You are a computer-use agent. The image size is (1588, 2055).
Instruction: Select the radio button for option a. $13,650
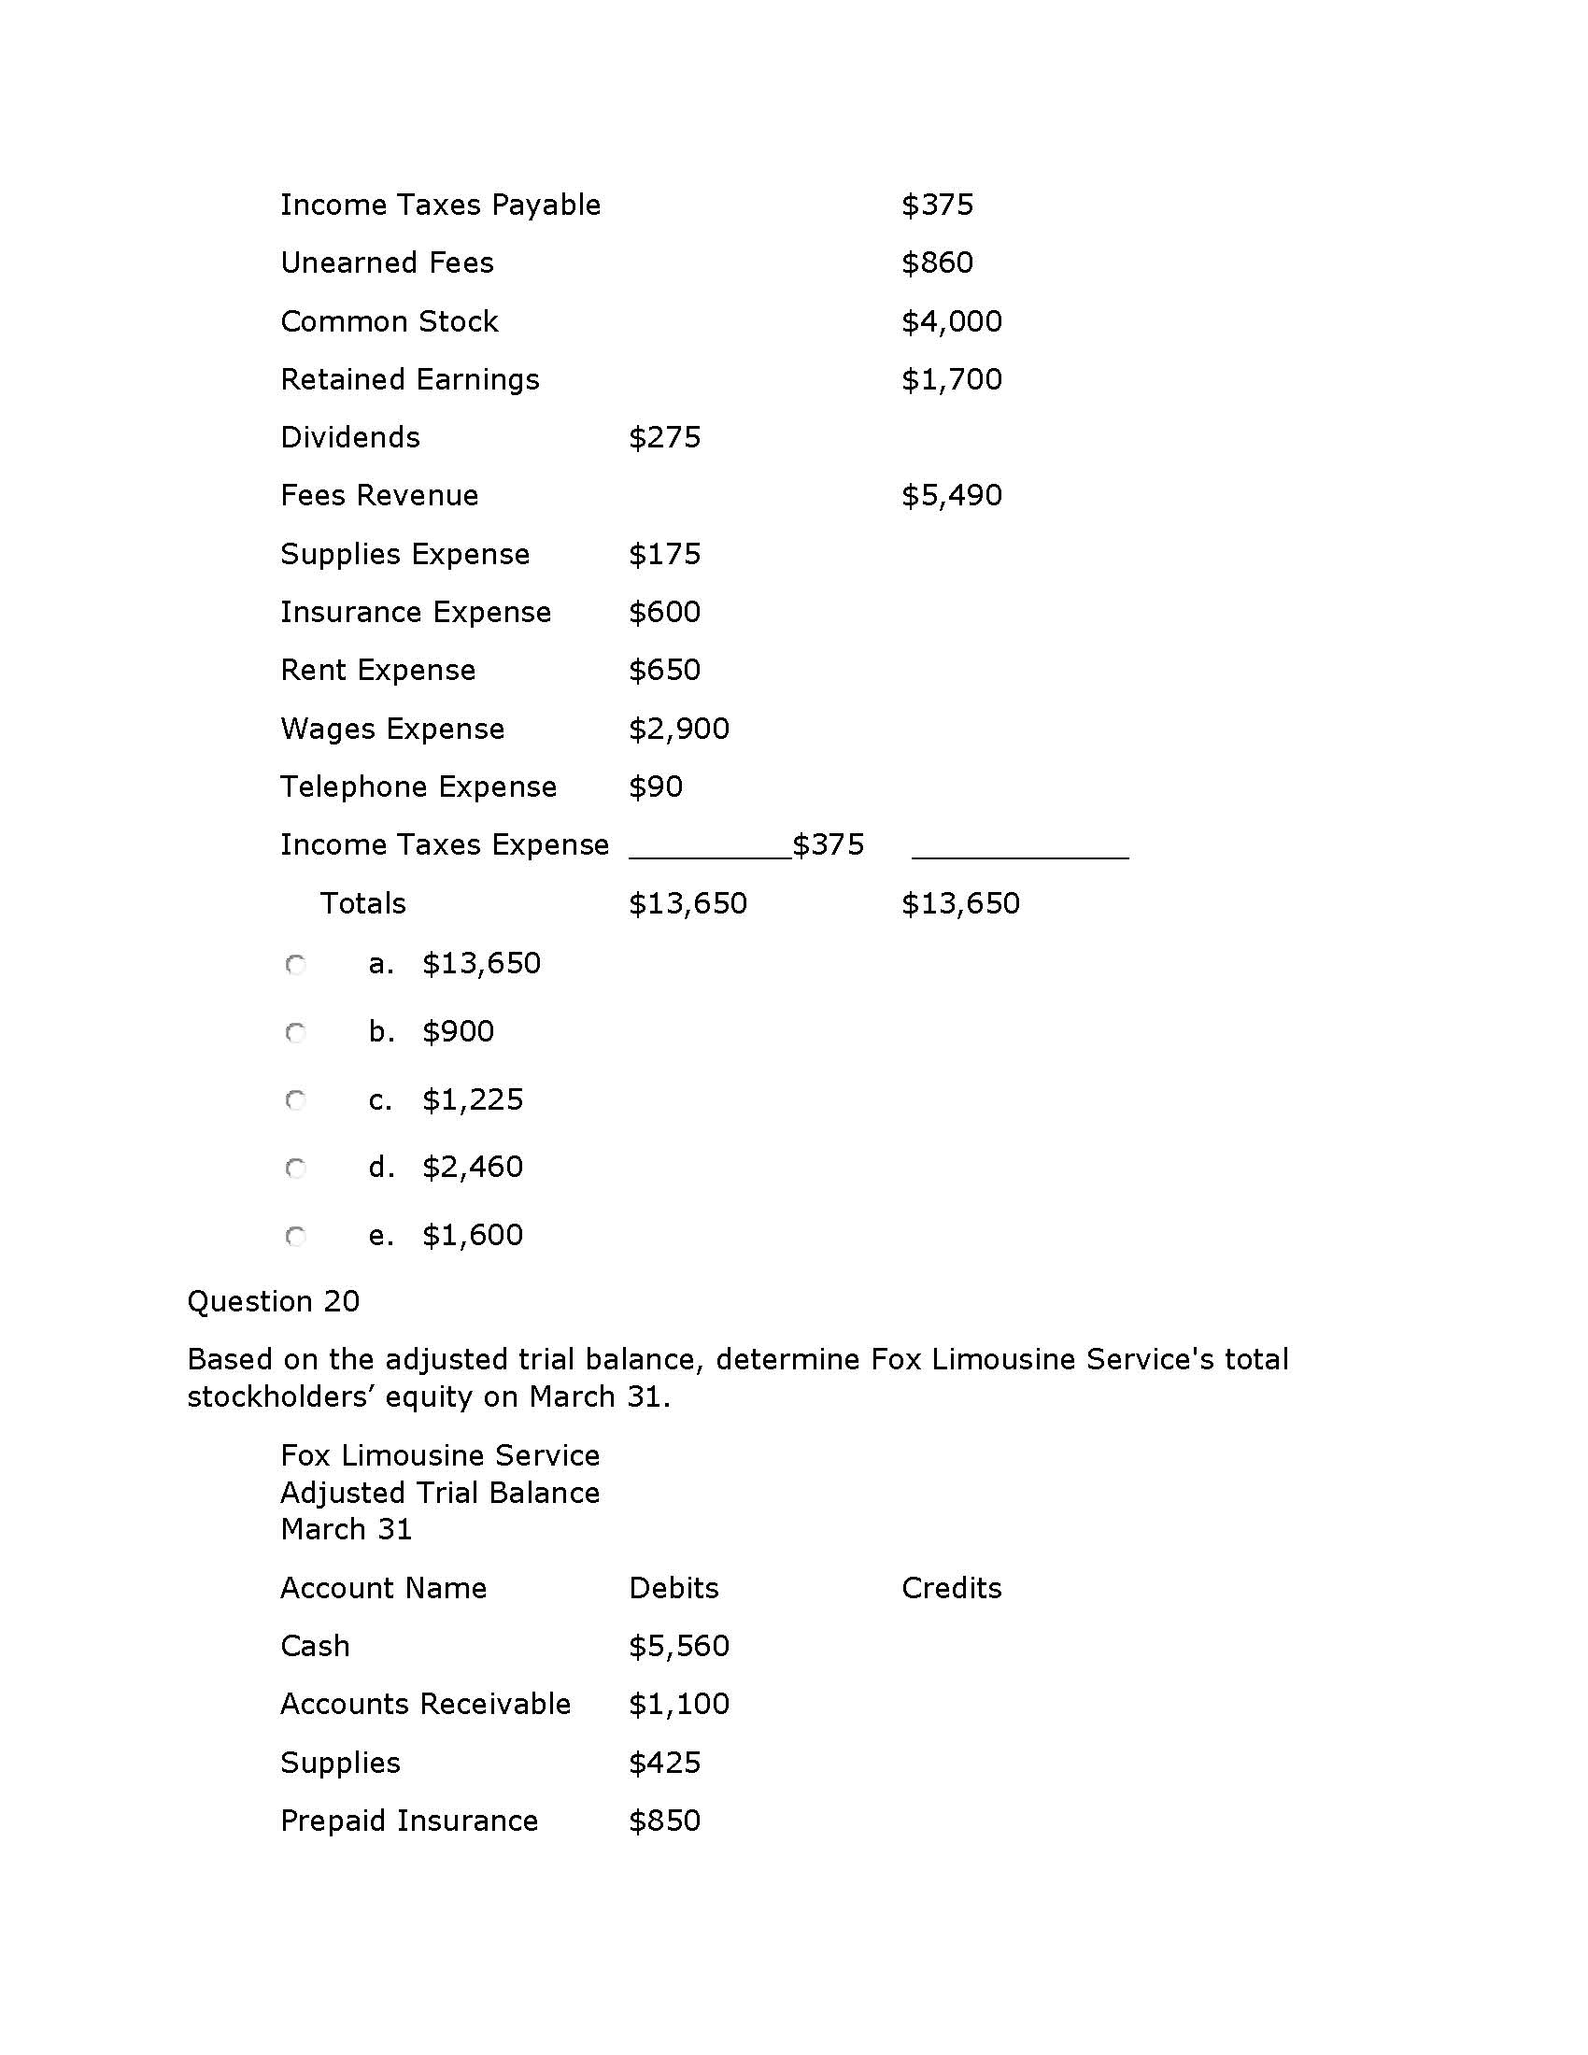click(x=295, y=965)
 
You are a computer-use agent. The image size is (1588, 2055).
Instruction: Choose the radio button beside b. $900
click(x=295, y=1033)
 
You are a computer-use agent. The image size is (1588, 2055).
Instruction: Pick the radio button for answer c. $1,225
click(x=295, y=1100)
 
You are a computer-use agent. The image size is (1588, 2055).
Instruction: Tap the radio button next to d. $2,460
click(x=295, y=1169)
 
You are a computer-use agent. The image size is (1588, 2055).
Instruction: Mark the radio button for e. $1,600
click(x=295, y=1237)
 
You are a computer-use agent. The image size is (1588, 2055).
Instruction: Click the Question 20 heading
click(x=273, y=1301)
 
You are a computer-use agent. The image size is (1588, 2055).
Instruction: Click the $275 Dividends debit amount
click(x=664, y=437)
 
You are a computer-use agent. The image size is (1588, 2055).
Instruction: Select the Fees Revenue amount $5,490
click(x=951, y=496)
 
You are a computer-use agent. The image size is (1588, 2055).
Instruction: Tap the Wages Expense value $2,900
click(x=678, y=729)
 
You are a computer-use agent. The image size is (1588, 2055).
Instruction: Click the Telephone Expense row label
click(x=418, y=787)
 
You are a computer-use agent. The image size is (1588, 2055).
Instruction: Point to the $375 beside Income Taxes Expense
click(x=828, y=845)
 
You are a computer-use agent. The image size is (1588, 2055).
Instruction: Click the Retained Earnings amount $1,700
click(x=951, y=380)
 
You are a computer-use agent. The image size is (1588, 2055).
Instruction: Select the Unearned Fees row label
click(x=387, y=262)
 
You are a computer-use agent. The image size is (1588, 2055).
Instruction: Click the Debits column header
click(x=673, y=1588)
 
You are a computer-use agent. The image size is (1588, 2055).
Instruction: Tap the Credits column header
click(x=951, y=1588)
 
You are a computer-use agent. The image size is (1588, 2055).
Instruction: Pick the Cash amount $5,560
click(x=678, y=1646)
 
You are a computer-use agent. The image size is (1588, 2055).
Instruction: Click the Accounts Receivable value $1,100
click(x=678, y=1704)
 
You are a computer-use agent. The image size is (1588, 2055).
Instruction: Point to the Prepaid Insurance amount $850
click(x=664, y=1821)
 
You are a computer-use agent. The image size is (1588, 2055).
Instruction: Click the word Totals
click(x=363, y=903)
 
